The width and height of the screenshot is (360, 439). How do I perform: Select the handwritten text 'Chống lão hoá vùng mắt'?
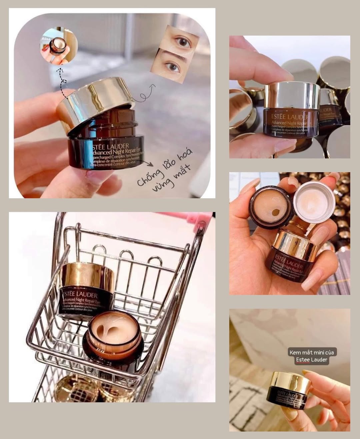pos(164,176)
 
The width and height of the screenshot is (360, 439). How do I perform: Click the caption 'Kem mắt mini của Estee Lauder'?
pos(308,356)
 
